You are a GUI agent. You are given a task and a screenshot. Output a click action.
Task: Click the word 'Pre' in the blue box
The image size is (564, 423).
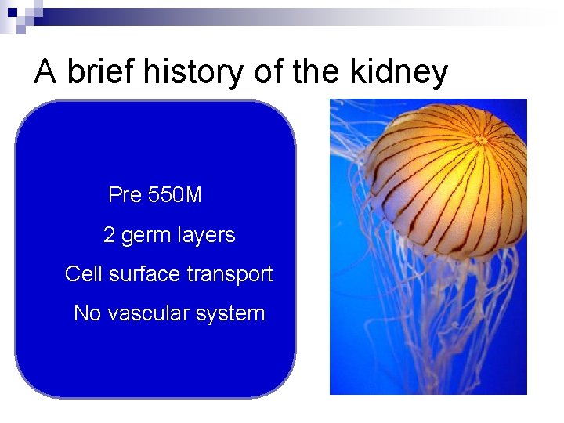click(124, 195)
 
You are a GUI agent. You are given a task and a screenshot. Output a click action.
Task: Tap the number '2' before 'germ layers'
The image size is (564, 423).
click(110, 235)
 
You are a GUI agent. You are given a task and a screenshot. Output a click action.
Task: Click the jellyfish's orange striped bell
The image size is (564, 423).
click(439, 188)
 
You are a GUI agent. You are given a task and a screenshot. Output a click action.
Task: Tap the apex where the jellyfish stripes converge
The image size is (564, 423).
click(480, 140)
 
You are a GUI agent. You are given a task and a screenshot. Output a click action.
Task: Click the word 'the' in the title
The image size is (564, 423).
click(312, 71)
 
